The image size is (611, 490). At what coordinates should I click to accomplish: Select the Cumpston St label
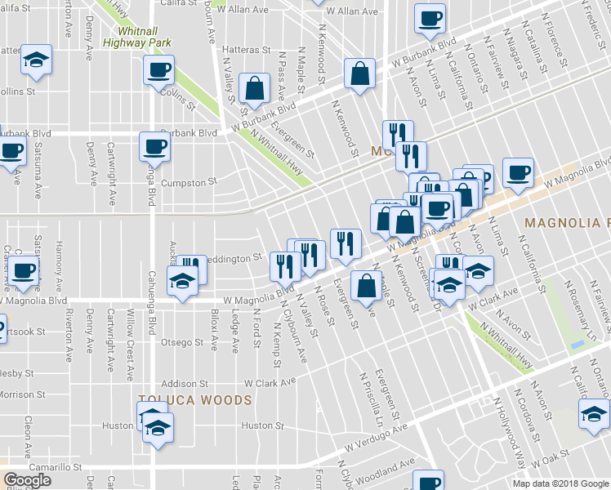point(188,182)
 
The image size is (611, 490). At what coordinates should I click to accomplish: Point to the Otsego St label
point(181,342)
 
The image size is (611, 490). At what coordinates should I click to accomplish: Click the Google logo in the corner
point(27,479)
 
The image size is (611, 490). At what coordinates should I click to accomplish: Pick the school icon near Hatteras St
point(35,62)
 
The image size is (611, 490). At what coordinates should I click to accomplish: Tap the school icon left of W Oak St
point(594,413)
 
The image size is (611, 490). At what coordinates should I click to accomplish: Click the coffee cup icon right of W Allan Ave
point(430,18)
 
